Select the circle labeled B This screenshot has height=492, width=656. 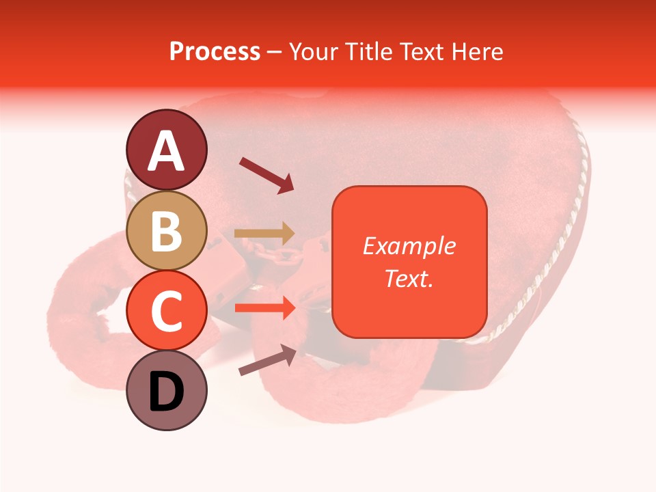coord(167,231)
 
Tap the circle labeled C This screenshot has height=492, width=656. coord(167,311)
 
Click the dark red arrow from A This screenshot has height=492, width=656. coord(266,175)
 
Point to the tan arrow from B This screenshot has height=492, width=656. coord(264,233)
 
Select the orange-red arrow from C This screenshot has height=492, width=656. coord(264,308)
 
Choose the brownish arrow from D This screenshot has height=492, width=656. coord(267,360)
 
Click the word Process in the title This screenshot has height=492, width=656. coord(215,52)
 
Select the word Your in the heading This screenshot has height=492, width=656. coord(314,52)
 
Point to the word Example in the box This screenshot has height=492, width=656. coord(409,246)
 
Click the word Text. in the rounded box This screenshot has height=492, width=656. coord(409,278)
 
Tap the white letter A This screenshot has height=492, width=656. coord(167,151)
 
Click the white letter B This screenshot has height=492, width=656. coord(167,231)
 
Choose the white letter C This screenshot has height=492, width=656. coord(167,311)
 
